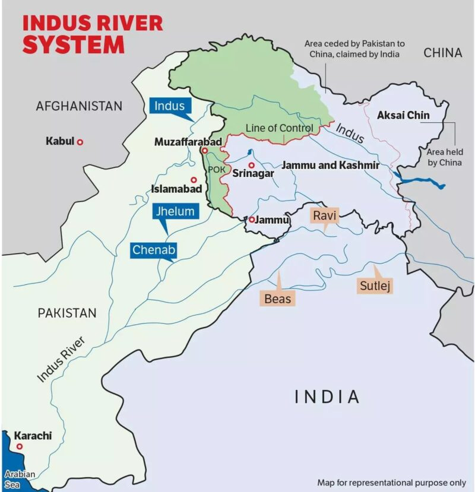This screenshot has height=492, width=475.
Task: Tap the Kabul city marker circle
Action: click(80, 142)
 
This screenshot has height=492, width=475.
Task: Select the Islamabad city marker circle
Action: click(194, 179)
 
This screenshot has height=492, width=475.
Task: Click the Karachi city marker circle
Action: click(20, 446)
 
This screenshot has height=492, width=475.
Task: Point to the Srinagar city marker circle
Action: click(252, 165)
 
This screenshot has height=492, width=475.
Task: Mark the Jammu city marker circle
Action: click(252, 220)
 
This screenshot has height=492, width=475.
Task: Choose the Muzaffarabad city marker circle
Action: click(205, 151)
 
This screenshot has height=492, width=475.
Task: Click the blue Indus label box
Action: click(170, 106)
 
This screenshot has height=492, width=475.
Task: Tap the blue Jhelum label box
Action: click(175, 211)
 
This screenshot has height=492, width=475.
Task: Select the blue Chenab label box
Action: click(154, 250)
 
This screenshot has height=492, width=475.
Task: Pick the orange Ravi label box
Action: click(325, 215)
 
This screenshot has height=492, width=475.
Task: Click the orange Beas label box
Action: click(278, 298)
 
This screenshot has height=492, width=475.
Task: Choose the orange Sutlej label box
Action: click(376, 286)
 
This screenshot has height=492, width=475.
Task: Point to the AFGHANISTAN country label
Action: click(79, 106)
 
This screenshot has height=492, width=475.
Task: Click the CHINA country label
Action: click(442, 53)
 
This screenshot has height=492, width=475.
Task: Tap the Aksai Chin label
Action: click(403, 115)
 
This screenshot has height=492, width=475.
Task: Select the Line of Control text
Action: click(279, 128)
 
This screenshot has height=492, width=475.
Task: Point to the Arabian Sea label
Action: click(20, 479)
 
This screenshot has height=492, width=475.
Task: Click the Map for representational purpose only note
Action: click(391, 483)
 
